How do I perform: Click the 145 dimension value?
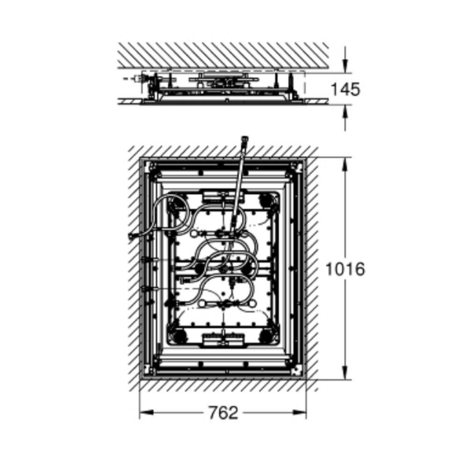pos(346,89)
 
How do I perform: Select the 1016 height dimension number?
pos(345,269)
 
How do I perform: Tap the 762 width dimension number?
pos(223,413)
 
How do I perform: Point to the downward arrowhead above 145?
pos(345,66)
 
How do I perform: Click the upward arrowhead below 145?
pos(345,112)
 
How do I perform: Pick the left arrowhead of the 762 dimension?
pos(146,413)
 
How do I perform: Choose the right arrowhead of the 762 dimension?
pos(300,413)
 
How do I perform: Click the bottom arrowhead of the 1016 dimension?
pos(345,373)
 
